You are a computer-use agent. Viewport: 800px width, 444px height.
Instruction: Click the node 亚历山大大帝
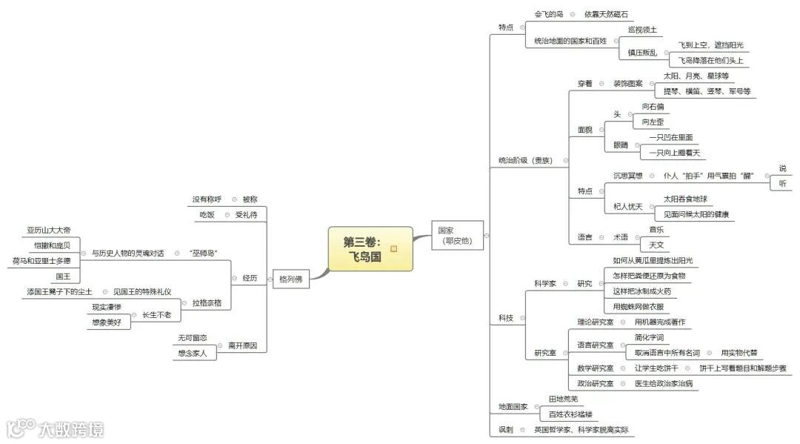(49, 231)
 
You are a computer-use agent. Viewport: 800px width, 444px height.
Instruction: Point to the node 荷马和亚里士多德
(41, 261)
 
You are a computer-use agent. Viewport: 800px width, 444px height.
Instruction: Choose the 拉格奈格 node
(207, 303)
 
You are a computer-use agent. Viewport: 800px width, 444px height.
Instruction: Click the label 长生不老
(156, 315)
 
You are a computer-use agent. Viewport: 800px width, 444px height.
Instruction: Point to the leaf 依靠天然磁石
(606, 14)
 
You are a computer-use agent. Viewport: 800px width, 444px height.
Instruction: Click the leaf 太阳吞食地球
(685, 199)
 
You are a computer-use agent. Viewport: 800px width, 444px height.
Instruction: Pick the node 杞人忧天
(627, 206)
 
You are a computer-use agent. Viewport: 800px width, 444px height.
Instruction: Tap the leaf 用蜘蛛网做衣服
(638, 306)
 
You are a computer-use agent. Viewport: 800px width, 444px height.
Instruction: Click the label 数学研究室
(595, 368)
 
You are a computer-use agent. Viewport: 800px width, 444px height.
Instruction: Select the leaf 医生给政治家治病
(664, 383)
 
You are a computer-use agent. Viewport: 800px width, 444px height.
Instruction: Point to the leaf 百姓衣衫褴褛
(570, 414)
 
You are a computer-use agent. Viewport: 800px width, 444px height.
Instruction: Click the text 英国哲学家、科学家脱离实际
(584, 430)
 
